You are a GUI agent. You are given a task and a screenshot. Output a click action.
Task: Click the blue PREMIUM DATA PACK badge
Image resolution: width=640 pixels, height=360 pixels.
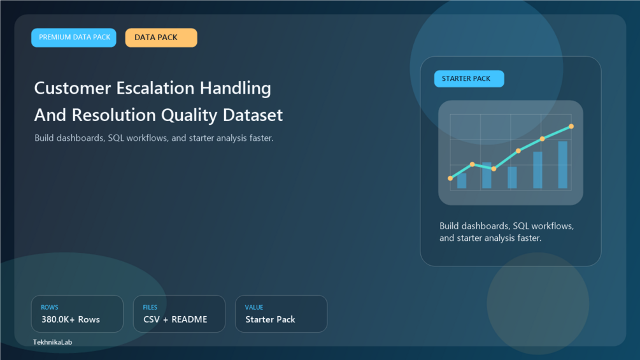tap(74, 38)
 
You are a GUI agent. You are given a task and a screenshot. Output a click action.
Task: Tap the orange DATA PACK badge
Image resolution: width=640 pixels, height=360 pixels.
tap(161, 38)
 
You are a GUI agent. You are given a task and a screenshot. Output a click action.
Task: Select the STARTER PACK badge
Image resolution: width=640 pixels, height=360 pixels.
tap(469, 79)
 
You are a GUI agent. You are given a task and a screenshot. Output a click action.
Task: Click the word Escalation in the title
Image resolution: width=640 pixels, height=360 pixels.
tap(155, 88)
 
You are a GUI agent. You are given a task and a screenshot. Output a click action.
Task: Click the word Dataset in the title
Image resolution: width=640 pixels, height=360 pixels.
tap(253, 115)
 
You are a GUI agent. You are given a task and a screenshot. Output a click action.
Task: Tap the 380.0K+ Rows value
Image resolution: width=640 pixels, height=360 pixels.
tap(71, 320)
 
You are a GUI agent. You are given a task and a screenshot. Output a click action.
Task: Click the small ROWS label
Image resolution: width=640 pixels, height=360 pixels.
tap(50, 307)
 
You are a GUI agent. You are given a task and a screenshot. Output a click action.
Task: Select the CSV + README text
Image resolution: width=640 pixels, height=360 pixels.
tap(175, 320)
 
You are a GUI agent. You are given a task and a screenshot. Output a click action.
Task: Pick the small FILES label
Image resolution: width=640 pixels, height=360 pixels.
tap(150, 307)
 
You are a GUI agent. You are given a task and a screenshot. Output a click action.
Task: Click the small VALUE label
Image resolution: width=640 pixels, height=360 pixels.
tap(254, 307)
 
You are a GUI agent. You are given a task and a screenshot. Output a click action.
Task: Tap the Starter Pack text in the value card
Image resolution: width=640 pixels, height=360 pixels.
tap(270, 320)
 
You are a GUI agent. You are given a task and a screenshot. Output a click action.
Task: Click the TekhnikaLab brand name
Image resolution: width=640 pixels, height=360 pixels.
tap(53, 342)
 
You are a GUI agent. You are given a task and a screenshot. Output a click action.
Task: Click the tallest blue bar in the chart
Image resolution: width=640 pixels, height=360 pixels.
tap(562, 165)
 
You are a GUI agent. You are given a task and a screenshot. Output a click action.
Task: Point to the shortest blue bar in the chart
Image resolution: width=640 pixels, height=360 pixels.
tap(462, 181)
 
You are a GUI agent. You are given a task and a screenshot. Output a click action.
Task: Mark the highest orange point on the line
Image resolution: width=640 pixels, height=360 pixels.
tap(571, 127)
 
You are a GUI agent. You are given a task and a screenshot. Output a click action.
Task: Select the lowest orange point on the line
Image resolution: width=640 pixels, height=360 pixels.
tap(450, 178)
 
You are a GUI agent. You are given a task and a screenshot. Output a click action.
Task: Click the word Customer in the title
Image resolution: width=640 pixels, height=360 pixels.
tap(73, 88)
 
